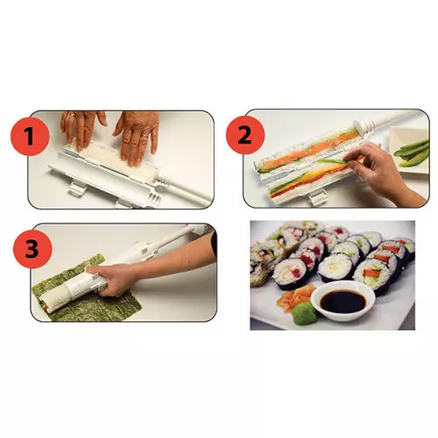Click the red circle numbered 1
click(30, 137)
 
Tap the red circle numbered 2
click(245, 135)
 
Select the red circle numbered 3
click(32, 249)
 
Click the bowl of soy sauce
click(343, 300)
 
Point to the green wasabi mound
click(305, 313)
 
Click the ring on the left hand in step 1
click(71, 114)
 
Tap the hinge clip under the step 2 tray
click(318, 199)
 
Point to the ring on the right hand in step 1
click(145, 137)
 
